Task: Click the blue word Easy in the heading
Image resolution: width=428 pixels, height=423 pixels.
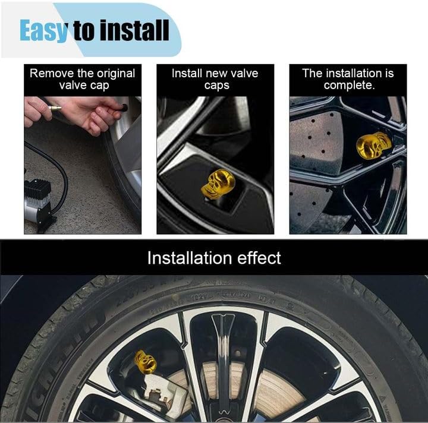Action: pos(43,30)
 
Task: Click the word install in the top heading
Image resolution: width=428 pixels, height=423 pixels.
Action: pos(135,30)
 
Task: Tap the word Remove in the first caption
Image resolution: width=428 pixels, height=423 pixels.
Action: pos(52,73)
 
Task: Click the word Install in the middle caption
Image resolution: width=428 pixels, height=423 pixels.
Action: pos(187,73)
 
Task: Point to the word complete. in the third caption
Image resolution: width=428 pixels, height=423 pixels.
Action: pos(350,86)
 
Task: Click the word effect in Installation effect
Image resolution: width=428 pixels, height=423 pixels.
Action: pos(259,258)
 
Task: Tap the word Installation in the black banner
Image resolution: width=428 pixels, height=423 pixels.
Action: pos(190,258)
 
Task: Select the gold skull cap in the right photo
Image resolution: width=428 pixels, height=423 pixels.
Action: pos(373,145)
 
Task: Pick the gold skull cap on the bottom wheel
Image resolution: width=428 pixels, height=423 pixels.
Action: pos(146,362)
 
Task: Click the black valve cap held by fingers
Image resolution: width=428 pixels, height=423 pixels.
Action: pos(124,108)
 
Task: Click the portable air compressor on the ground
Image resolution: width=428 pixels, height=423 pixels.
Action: pos(38,201)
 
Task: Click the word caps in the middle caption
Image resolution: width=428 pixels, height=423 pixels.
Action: pos(217,86)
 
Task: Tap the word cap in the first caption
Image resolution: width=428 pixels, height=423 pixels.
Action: pos(100,86)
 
